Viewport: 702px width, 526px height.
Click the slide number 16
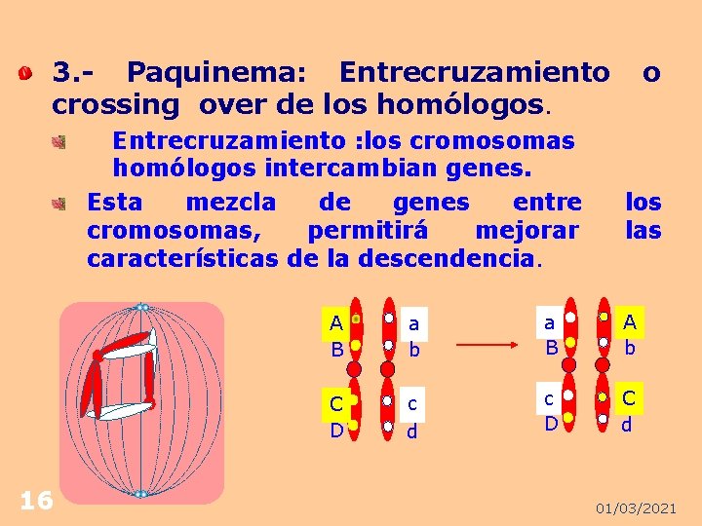[36, 501]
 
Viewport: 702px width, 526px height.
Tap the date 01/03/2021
[636, 508]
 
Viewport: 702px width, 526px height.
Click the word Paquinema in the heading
[216, 72]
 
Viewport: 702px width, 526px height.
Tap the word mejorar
[526, 231]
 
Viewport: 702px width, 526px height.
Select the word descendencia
[448, 259]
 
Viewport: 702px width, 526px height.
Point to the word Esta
[114, 203]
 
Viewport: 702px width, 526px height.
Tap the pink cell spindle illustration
[141, 401]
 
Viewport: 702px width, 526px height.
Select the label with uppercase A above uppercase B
[336, 335]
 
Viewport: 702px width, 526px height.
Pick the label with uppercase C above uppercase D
[336, 416]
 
